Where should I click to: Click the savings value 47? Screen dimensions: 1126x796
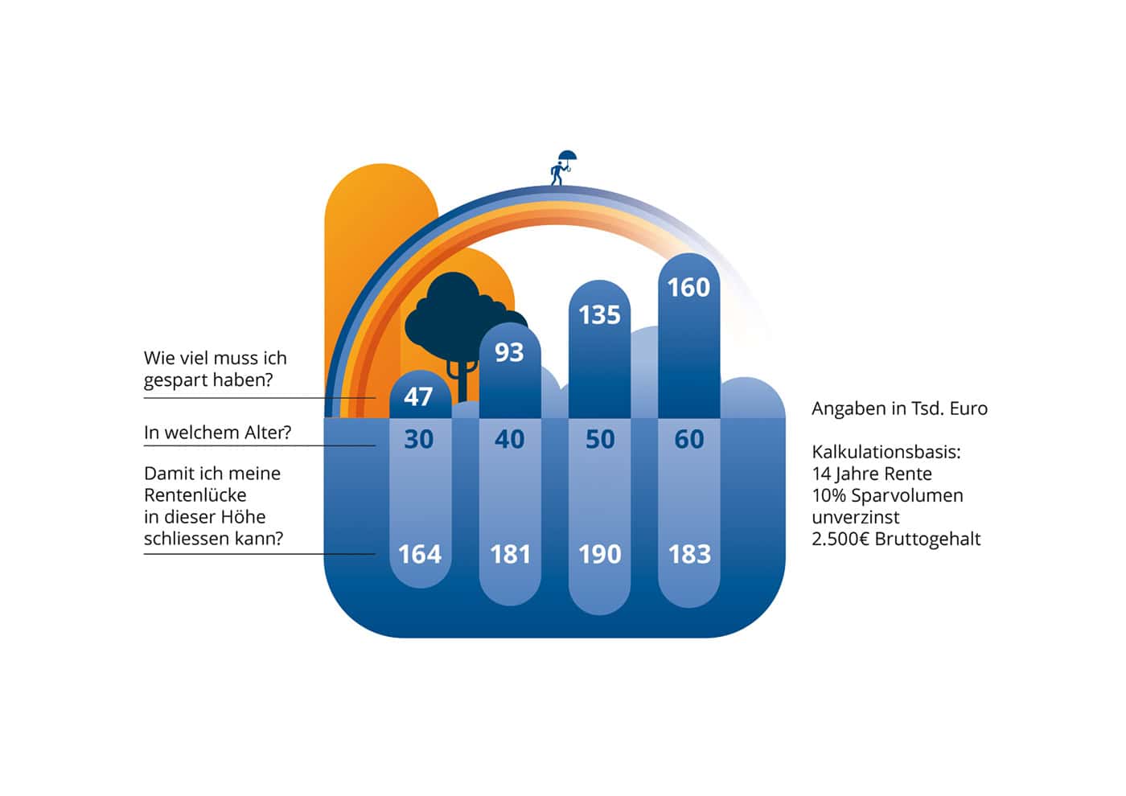click(x=417, y=397)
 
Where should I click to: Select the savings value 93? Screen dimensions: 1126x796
click(x=509, y=352)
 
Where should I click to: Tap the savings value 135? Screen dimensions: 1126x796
click(x=599, y=315)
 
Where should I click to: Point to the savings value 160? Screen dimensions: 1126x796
click(x=688, y=288)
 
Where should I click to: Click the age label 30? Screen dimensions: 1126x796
click(x=419, y=439)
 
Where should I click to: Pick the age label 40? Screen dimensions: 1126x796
click(x=509, y=439)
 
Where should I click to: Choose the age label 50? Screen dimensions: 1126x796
click(x=600, y=439)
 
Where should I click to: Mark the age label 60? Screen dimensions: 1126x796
click(x=689, y=439)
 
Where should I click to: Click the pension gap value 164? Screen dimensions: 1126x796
click(x=420, y=554)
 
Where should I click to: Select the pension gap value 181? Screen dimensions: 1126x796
click(x=510, y=554)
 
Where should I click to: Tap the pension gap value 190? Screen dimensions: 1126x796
click(x=600, y=554)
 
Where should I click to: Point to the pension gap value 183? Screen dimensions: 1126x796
click(x=690, y=554)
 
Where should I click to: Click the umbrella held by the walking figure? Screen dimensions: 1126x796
click(x=568, y=156)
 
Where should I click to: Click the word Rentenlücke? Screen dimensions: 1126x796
click(x=195, y=495)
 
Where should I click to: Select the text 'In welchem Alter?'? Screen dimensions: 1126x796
click(x=218, y=433)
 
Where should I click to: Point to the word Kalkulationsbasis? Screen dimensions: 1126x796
click(x=886, y=452)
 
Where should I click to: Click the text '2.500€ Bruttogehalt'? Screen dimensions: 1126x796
click(x=896, y=539)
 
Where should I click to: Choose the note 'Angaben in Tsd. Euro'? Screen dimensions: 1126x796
click(x=900, y=408)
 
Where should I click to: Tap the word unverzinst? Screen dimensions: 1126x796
click(x=856, y=517)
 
